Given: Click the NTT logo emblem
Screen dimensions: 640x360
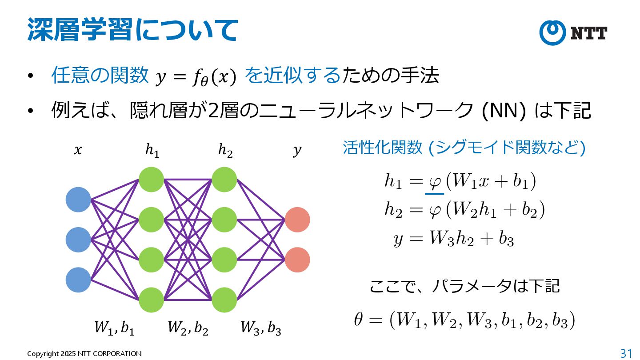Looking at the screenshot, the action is (552, 32).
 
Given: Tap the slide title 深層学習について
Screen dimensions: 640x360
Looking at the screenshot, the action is (132, 30).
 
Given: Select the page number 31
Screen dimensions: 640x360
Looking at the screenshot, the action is (626, 353).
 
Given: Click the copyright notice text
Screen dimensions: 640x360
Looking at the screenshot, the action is (84, 354).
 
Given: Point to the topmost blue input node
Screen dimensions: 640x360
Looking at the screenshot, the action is (78, 200).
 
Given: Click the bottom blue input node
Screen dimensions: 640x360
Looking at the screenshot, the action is (78, 280).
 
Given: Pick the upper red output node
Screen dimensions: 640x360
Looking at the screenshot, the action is (297, 220).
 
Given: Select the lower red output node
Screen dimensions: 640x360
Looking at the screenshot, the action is (297, 260).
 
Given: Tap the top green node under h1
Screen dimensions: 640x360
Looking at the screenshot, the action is (152, 180).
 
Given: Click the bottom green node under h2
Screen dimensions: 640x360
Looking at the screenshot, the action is (224, 300).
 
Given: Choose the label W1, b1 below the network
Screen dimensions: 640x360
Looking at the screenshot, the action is (114, 328).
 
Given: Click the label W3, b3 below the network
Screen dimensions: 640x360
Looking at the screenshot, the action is (261, 328).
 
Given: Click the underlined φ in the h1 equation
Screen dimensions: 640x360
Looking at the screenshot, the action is (434, 181).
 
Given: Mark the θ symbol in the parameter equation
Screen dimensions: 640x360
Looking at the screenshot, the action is (359, 320).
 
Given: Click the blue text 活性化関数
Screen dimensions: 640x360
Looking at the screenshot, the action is (382, 148).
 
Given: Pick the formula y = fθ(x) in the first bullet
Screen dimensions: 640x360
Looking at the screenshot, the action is (195, 77).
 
